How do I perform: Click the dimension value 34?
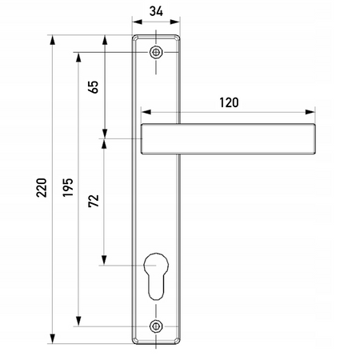tap(156, 11)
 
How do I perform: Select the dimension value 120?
tap(229, 102)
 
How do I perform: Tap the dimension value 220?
tap(42, 188)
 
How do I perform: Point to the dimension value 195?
tap(68, 188)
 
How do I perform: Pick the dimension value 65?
tap(94, 87)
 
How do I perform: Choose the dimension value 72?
tap(94, 201)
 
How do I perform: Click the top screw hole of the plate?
tap(156, 52)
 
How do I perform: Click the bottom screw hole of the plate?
tap(156, 326)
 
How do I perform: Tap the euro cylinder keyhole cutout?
tap(156, 276)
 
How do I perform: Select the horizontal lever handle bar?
tap(228, 139)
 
